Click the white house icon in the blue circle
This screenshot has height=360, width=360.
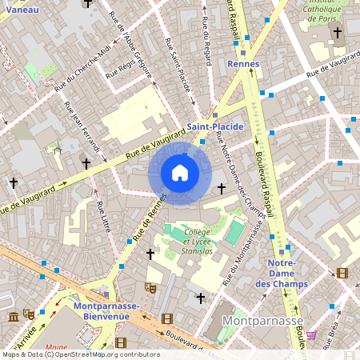(x=180, y=173)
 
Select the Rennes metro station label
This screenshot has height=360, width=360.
(x=243, y=63)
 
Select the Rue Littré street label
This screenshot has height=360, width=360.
(x=102, y=217)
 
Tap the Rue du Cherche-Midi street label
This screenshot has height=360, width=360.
(x=83, y=73)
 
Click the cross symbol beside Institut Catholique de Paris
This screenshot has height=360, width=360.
(x=338, y=33)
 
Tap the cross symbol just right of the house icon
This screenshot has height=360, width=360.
(x=222, y=188)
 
